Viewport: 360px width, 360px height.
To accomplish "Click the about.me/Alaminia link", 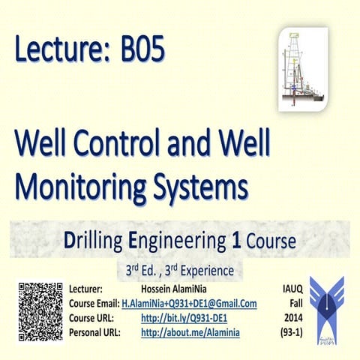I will click(x=190, y=332).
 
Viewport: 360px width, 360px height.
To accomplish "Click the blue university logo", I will click(x=327, y=307).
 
